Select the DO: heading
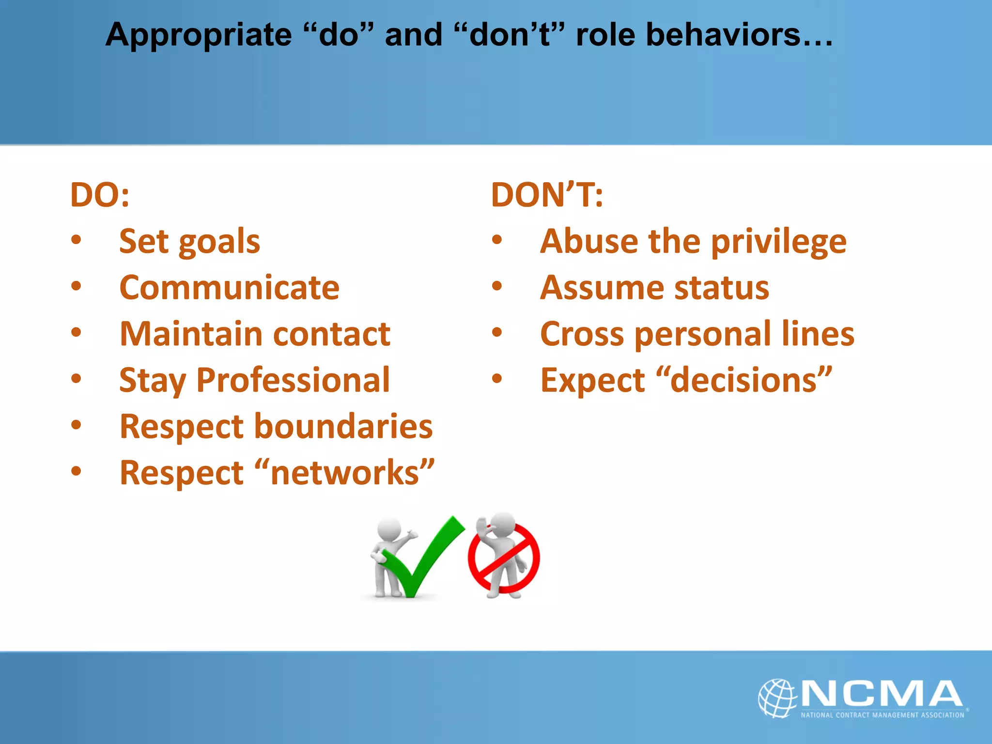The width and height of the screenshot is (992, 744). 100,195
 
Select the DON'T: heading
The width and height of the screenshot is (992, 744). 547,195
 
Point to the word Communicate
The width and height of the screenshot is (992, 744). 229,288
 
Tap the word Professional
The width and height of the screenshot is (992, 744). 293,380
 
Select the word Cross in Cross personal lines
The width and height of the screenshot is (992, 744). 582,334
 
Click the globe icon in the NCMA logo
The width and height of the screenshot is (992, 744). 777,697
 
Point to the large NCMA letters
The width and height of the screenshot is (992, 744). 882,694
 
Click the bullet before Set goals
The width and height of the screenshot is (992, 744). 76,240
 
